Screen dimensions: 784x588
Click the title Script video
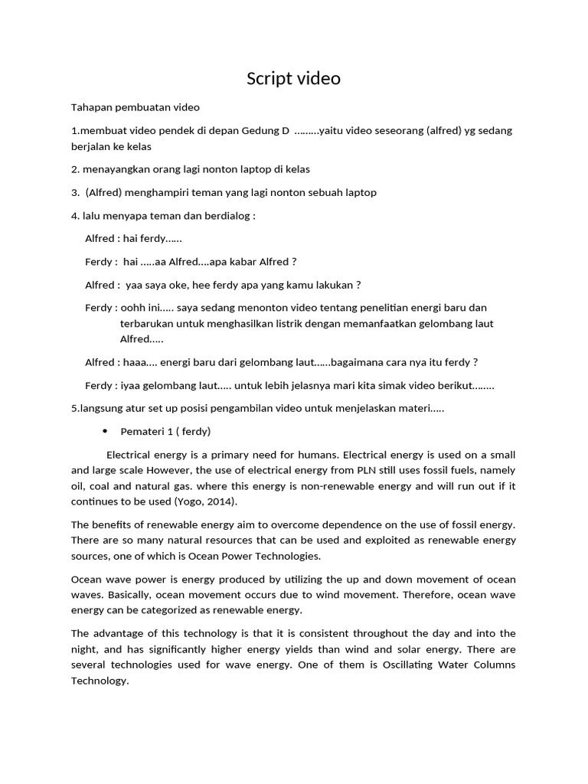[293, 79]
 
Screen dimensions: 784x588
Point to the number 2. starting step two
[75, 169]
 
